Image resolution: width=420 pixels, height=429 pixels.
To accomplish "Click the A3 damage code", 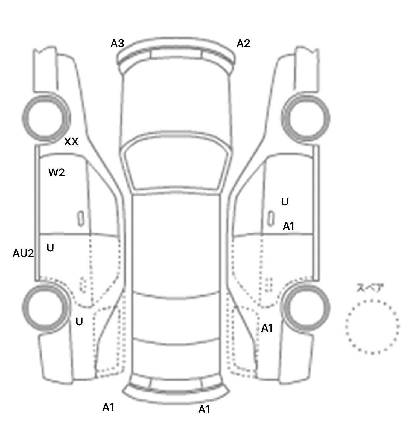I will click(x=117, y=44).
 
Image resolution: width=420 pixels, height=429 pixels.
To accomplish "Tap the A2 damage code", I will click(x=243, y=44).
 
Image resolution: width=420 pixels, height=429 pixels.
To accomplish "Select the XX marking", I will click(x=71, y=142).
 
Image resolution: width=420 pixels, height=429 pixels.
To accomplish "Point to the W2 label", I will click(x=57, y=173).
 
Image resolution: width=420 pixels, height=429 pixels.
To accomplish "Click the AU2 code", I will click(x=23, y=254).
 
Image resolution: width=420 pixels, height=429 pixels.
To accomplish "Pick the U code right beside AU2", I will click(x=50, y=248).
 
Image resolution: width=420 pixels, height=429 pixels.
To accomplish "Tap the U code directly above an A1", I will click(x=285, y=202).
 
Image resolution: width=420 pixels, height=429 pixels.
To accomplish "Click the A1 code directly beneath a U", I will click(x=288, y=226).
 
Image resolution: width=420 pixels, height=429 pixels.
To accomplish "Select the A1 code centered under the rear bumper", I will click(x=204, y=410).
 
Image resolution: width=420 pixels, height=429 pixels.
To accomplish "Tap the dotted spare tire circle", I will click(x=372, y=327).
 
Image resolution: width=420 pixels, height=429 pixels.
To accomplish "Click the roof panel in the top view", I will click(x=176, y=244).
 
